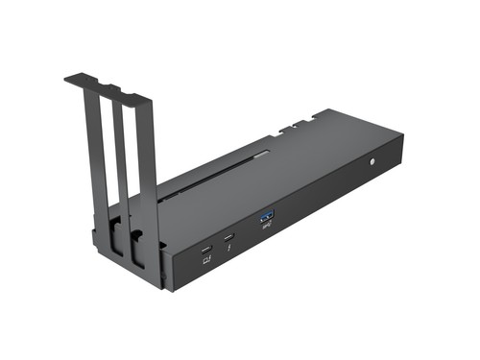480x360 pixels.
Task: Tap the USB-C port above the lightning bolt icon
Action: (228, 237)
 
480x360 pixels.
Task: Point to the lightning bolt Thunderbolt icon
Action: (228, 250)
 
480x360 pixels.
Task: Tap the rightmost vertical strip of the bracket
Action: (145, 173)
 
